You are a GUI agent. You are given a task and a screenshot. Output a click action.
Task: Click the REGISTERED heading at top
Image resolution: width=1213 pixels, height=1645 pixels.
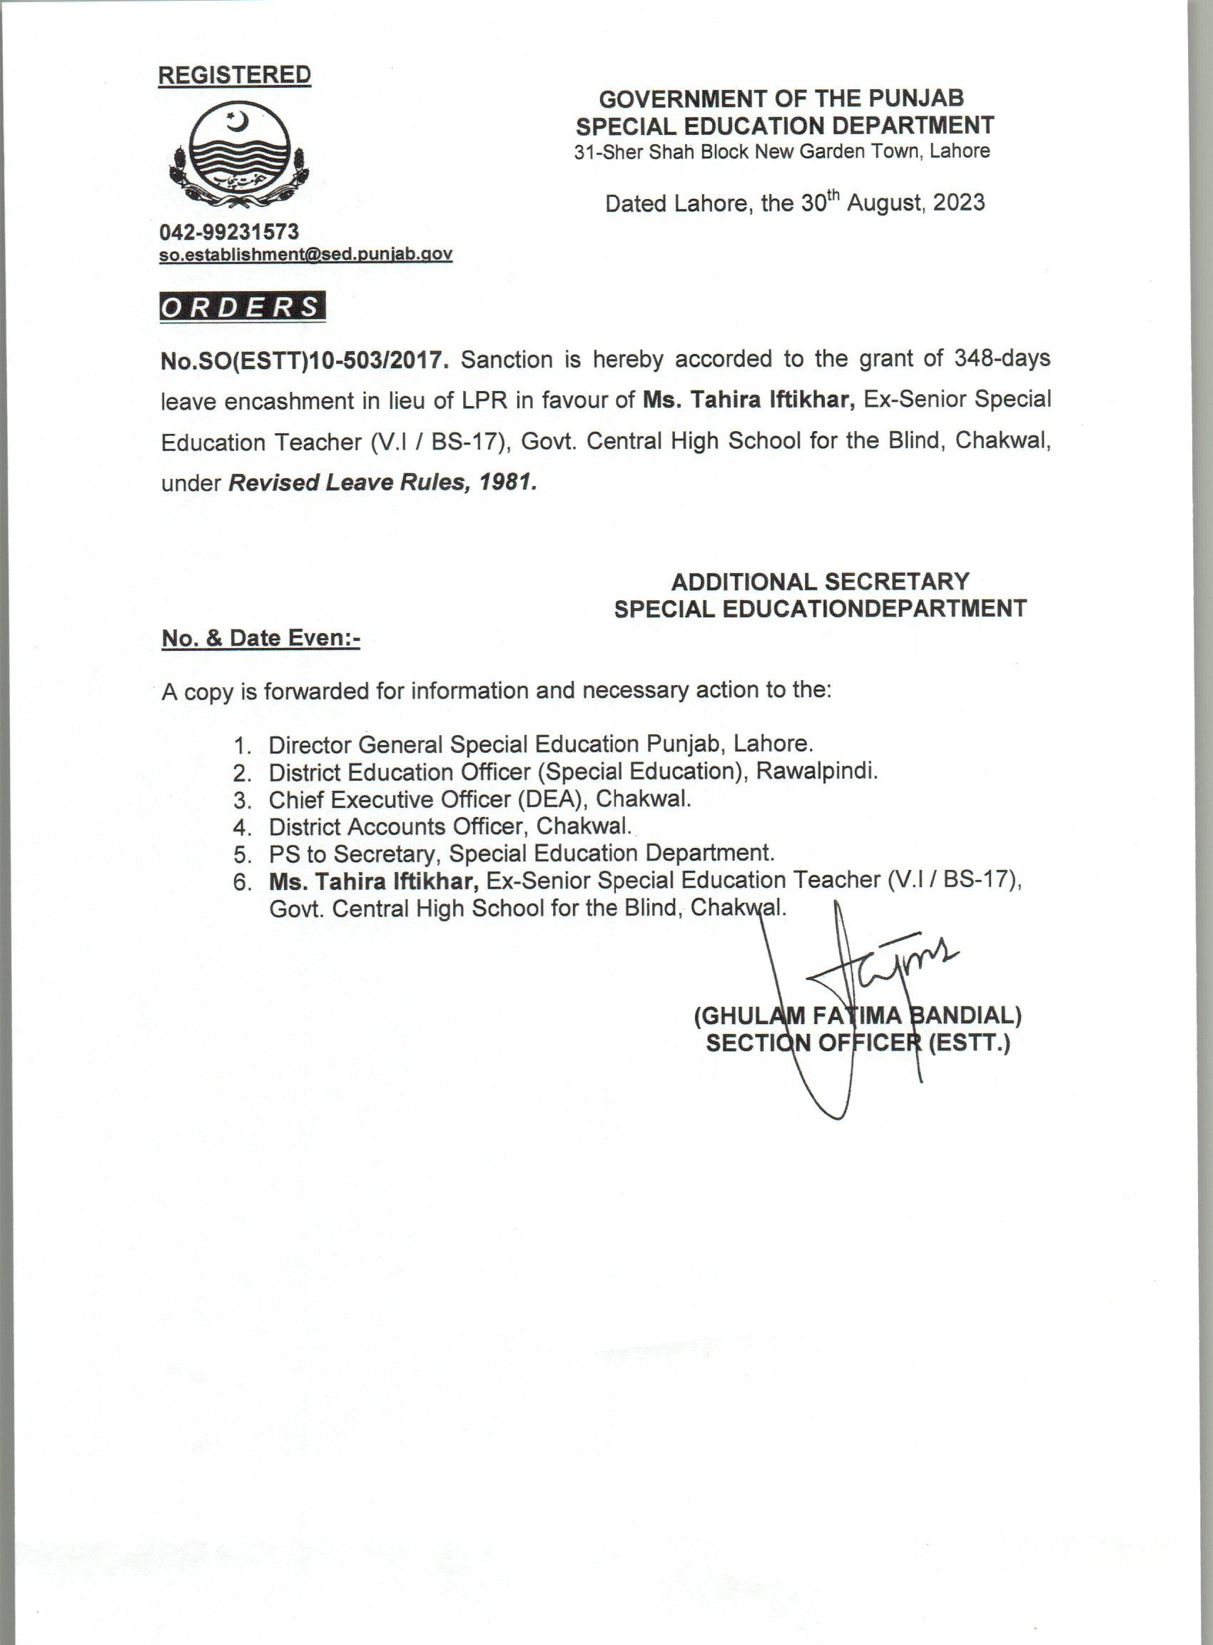tap(234, 75)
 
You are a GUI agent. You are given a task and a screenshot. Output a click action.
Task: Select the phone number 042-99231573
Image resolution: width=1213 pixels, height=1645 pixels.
tap(229, 232)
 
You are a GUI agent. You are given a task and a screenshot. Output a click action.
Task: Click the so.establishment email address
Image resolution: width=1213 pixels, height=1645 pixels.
tap(305, 254)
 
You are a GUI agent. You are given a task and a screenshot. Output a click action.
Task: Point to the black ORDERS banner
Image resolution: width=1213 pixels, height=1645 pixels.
tap(243, 307)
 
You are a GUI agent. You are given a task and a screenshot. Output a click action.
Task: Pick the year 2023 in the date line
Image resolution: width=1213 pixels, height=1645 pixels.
tap(958, 202)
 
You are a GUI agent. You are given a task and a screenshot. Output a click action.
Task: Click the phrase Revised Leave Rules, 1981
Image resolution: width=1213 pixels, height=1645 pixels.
tap(382, 482)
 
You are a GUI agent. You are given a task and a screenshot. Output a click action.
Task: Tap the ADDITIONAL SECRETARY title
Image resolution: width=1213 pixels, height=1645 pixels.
tap(820, 582)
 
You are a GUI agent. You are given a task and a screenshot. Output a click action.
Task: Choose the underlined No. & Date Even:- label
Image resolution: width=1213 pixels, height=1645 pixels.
tap(260, 638)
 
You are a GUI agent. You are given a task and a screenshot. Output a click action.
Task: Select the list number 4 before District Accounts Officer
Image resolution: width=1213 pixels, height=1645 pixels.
tap(242, 828)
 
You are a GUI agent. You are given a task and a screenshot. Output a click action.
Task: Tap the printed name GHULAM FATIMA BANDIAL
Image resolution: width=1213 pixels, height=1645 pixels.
tap(857, 1016)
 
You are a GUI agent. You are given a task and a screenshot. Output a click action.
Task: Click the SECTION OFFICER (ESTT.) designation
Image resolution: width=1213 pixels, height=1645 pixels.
tap(858, 1043)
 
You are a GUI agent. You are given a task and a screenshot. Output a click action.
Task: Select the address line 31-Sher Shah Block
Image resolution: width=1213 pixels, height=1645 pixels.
tap(782, 152)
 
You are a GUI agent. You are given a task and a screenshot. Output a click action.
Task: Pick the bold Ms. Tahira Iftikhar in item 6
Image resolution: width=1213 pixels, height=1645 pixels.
tap(374, 881)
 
